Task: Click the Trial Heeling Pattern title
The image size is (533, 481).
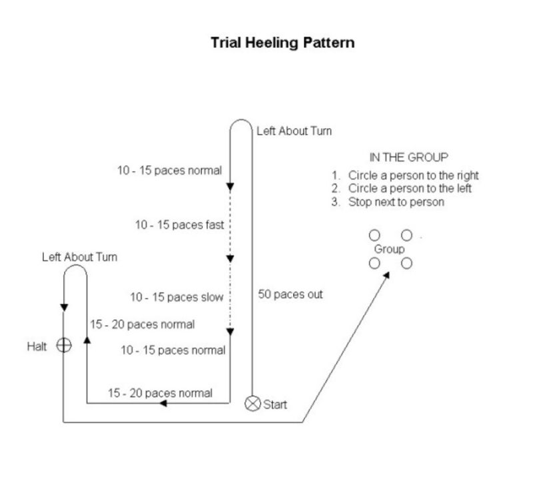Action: [282, 43]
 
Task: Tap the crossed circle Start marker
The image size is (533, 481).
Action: [253, 404]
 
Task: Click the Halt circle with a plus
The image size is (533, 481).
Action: [64, 345]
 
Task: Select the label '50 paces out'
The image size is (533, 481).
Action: [290, 294]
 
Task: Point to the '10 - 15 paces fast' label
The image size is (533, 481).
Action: [179, 225]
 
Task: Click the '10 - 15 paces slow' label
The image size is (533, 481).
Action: [177, 297]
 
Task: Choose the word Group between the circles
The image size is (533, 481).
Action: [389, 249]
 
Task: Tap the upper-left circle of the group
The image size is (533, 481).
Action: [374, 235]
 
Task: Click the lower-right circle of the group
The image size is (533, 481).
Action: [406, 263]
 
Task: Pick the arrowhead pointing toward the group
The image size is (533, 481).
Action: [386, 275]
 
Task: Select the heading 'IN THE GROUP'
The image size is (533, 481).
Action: [408, 157]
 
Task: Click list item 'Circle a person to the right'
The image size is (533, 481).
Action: [413, 175]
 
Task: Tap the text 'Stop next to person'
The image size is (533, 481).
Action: [396, 202]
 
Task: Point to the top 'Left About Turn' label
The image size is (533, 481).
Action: [294, 131]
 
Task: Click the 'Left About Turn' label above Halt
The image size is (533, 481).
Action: [79, 257]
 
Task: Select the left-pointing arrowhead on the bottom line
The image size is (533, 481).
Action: [163, 403]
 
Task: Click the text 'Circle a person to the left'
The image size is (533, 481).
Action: [410, 189]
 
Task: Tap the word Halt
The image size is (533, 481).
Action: [37, 346]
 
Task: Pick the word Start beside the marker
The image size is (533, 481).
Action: [275, 404]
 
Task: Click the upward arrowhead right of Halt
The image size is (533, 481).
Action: [87, 340]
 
